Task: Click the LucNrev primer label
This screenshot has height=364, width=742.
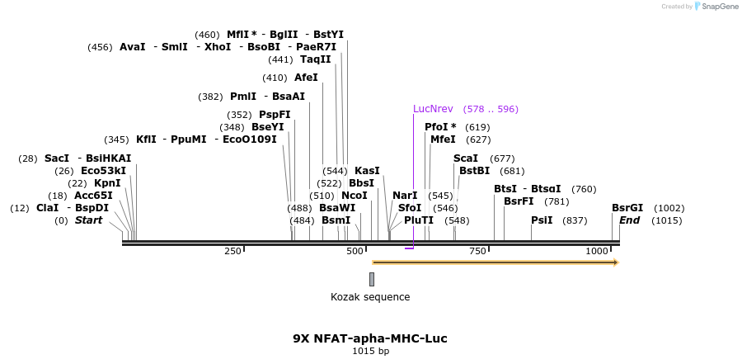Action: tap(433, 109)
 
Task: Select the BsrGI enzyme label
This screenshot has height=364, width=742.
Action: tap(627, 208)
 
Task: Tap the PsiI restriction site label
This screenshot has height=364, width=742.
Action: tap(542, 220)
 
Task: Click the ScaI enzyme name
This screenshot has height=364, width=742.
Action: tap(466, 158)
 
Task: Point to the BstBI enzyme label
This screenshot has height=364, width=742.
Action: tap(475, 171)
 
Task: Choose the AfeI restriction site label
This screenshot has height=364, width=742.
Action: tap(306, 78)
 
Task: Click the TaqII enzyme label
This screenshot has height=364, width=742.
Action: tap(316, 59)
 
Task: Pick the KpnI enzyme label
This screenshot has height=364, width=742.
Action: tap(106, 183)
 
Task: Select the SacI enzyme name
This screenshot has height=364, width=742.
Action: tap(57, 158)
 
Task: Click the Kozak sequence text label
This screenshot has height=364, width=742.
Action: tap(370, 297)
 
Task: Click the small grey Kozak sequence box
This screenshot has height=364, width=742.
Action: tap(372, 279)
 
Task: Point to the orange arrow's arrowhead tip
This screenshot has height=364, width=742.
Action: tap(617, 262)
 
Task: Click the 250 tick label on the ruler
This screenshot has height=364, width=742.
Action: tap(232, 251)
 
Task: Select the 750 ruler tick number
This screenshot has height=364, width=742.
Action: tap(477, 251)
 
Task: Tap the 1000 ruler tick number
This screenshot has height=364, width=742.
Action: tap(596, 251)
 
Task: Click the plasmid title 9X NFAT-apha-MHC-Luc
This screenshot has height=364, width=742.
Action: tap(370, 338)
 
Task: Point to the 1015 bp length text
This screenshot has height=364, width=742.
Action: tap(370, 352)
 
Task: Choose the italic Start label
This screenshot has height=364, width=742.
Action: tap(88, 220)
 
